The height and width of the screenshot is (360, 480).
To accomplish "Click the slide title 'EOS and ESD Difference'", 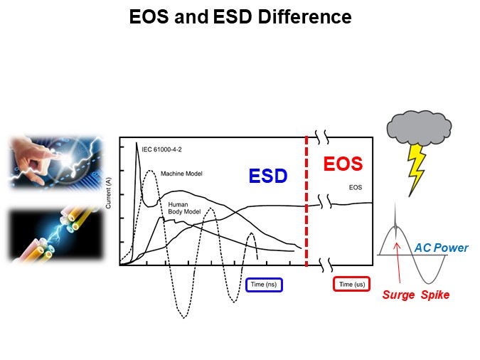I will click(240, 17).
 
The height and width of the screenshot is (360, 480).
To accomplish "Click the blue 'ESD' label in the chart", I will click(267, 176).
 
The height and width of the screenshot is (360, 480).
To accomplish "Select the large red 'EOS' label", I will click(343, 164).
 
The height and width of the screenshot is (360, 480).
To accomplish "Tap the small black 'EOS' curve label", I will click(357, 188).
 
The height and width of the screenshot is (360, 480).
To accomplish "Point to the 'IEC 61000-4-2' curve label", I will click(162, 149).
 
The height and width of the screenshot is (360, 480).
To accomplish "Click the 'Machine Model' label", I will click(181, 174).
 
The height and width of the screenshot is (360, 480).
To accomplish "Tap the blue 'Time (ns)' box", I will click(265, 285).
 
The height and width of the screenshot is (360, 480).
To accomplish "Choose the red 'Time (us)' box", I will click(352, 285).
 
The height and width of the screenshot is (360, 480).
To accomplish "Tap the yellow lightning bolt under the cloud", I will click(415, 171).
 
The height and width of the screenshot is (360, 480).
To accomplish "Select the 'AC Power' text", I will click(442, 248).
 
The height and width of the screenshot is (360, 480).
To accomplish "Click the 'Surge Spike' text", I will click(416, 295).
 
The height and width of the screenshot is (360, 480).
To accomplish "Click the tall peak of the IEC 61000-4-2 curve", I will click(137, 144).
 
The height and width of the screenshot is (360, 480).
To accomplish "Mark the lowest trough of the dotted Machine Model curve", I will click(183, 316).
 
